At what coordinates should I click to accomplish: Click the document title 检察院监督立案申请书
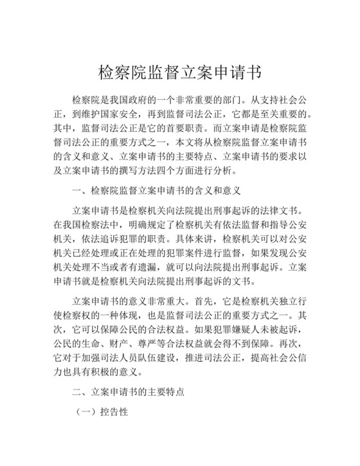click(x=179, y=70)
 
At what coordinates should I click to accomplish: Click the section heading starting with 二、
click(x=129, y=390)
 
